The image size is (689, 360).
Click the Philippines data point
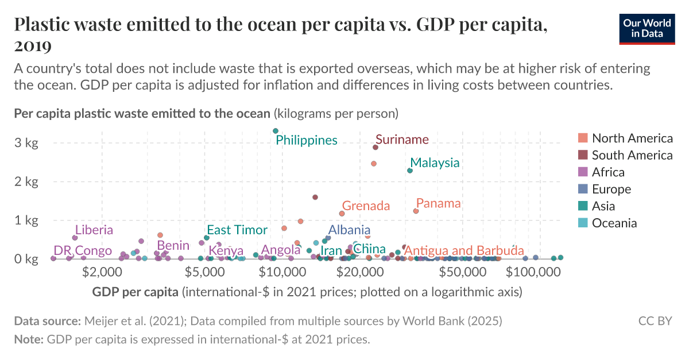(276, 131)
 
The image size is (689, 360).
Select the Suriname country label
(402, 140)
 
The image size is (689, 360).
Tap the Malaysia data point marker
(410, 171)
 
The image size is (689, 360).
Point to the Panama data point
(416, 211)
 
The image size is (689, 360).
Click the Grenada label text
(366, 206)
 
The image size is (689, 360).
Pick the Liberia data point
(75, 238)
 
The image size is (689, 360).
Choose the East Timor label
(237, 230)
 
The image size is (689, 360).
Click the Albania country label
(349, 230)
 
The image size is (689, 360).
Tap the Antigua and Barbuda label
(464, 250)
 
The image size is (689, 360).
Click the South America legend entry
(632, 155)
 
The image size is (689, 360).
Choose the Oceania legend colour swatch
(583, 223)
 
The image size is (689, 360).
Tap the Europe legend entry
(611, 189)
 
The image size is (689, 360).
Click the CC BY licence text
(655, 321)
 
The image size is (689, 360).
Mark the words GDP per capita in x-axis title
(135, 292)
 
